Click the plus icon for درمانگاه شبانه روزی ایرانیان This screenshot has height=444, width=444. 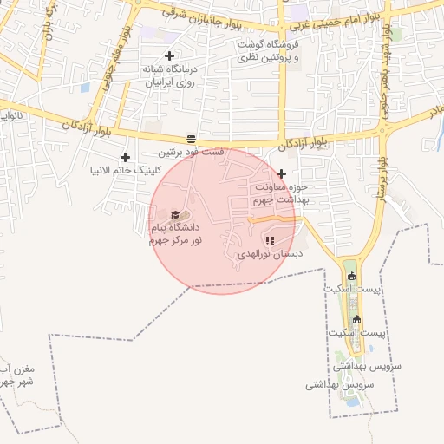tap(170, 55)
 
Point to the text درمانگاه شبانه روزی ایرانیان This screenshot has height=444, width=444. tap(172, 75)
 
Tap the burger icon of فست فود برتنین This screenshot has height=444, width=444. tap(191, 139)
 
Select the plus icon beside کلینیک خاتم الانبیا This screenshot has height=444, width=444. tap(125, 157)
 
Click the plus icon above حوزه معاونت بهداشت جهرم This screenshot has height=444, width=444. tap(281, 173)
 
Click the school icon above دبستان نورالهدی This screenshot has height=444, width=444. tap(269, 240)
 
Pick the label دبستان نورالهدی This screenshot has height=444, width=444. tap(270, 255)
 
